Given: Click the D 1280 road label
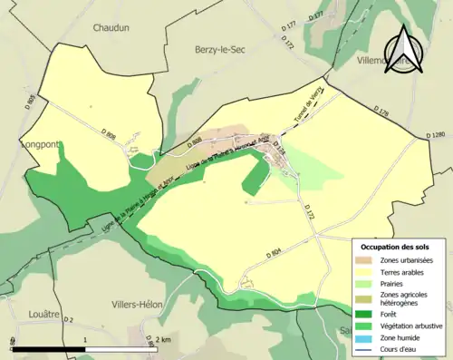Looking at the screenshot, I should [438, 135].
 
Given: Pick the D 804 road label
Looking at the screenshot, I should [274, 252].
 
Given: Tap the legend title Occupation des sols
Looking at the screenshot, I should [395, 247].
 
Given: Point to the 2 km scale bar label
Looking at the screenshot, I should [163, 340].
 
